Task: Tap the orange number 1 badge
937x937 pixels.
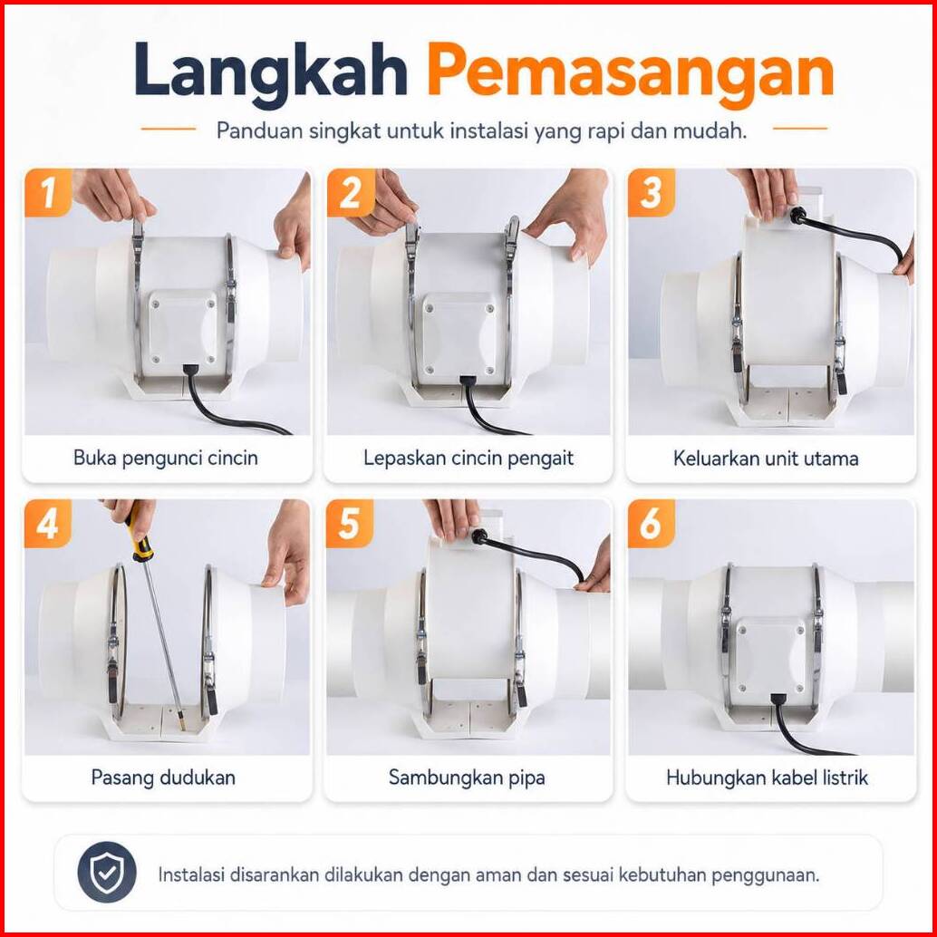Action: coord(48,192)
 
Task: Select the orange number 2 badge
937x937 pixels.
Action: coord(350,192)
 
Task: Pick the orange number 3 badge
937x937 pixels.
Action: coord(652,192)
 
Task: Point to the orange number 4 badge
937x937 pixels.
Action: coord(48,524)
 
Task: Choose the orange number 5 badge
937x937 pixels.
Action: coord(350,524)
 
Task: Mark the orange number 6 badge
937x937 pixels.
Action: coord(652,524)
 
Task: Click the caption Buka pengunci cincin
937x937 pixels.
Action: coord(166,459)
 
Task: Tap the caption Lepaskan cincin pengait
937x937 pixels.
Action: coord(468,459)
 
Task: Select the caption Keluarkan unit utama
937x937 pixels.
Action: coord(766,459)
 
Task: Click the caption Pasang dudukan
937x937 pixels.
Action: coord(163,778)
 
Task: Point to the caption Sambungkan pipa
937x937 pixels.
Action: coord(467,778)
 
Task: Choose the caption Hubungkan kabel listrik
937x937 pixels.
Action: coord(768,778)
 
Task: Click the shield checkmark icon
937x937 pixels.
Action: coord(107,872)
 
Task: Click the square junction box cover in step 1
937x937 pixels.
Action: coord(182,327)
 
